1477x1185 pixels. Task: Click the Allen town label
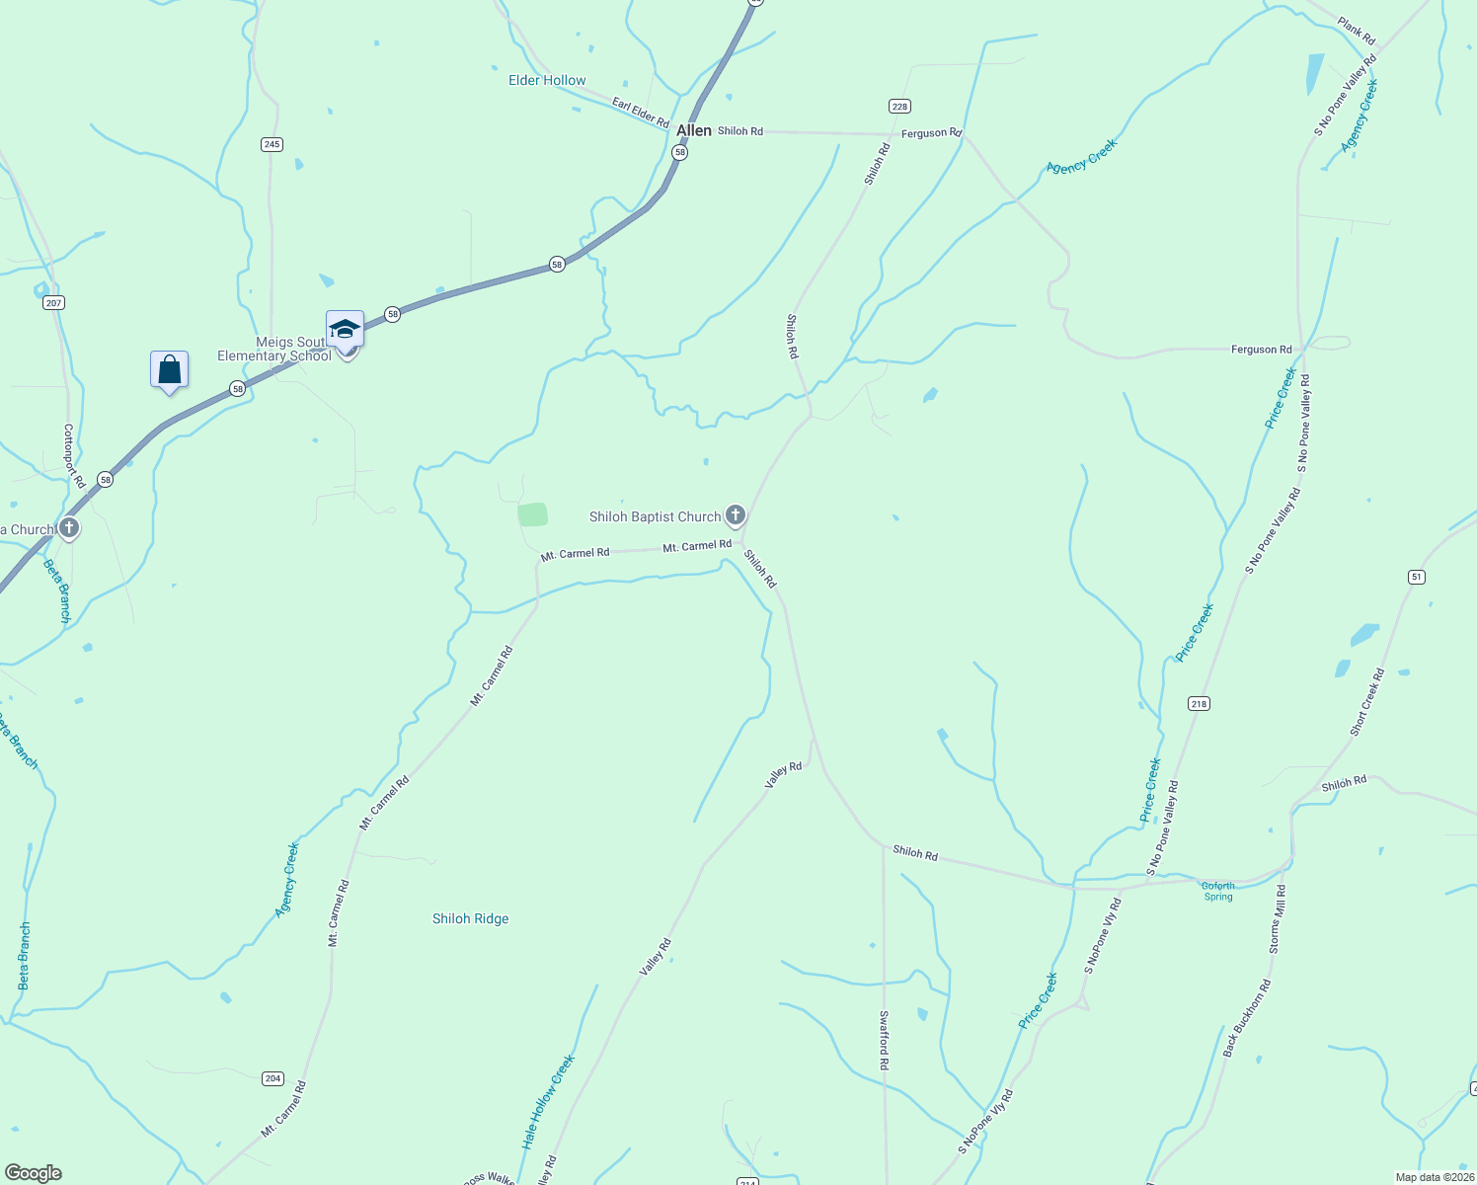(x=693, y=131)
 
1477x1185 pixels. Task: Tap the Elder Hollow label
(x=547, y=81)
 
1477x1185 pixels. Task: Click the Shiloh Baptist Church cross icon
(x=736, y=515)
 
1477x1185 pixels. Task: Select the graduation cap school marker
(x=345, y=329)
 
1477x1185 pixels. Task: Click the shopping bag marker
(x=170, y=370)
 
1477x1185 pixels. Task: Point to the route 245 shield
(x=272, y=144)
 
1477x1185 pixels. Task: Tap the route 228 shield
(x=899, y=107)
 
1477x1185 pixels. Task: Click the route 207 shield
(x=54, y=303)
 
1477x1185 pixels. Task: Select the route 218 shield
(x=1199, y=704)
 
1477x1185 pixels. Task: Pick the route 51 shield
(x=1417, y=577)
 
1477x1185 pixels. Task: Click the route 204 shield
(x=273, y=1078)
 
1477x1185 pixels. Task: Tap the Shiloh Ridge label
(x=471, y=919)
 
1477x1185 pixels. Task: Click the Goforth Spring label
(x=1218, y=892)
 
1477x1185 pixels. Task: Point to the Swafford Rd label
(x=884, y=1040)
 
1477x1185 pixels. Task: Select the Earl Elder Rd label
(x=640, y=112)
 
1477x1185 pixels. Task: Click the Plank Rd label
(x=1357, y=31)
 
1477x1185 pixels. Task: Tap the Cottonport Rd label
(x=73, y=456)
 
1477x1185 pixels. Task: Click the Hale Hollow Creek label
(x=548, y=1102)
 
